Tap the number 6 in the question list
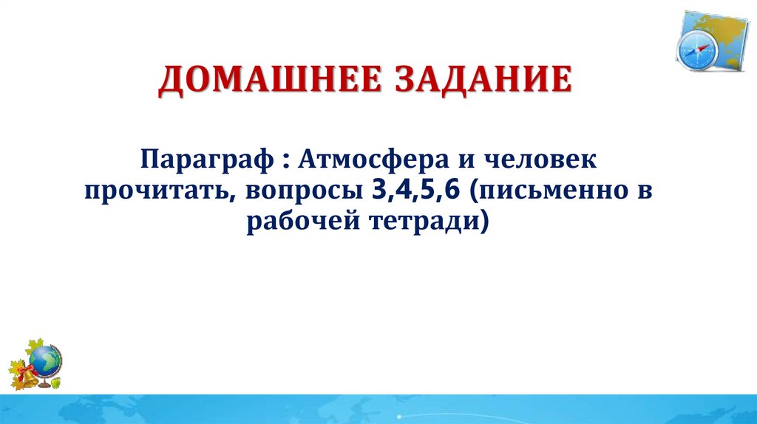pyautogui.click(x=452, y=190)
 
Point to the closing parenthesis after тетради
pyautogui.click(x=484, y=222)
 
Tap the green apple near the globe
pyautogui.click(x=55, y=383)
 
